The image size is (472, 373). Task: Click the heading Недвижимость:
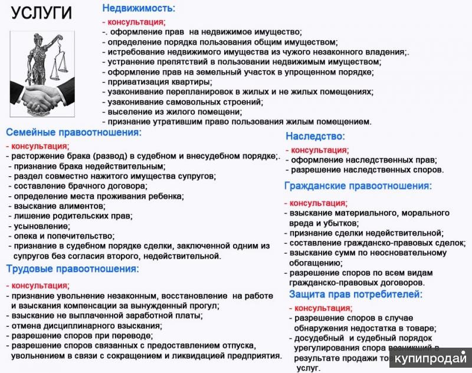pos(139,8)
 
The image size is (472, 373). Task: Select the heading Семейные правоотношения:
pos(74,133)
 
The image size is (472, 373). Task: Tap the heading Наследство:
pos(315,136)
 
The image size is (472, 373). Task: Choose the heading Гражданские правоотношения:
pos(358,186)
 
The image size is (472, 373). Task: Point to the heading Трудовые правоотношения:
pos(72,269)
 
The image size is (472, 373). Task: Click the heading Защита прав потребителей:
pos(355,294)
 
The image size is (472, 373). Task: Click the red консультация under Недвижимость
pos(133,22)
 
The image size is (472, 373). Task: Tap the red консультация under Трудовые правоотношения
pos(38,285)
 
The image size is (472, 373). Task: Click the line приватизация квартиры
pos(156,82)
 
